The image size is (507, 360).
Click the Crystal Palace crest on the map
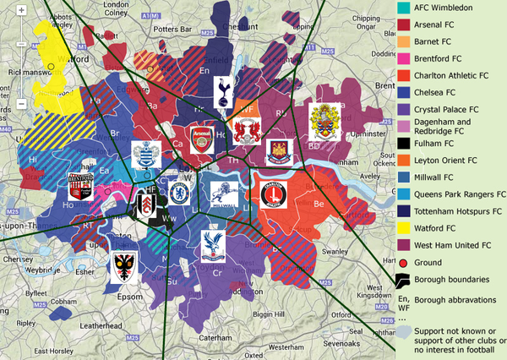click(211, 244)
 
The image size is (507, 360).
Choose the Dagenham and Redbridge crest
click(325, 123)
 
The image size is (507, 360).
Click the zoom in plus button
click(21, 10)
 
